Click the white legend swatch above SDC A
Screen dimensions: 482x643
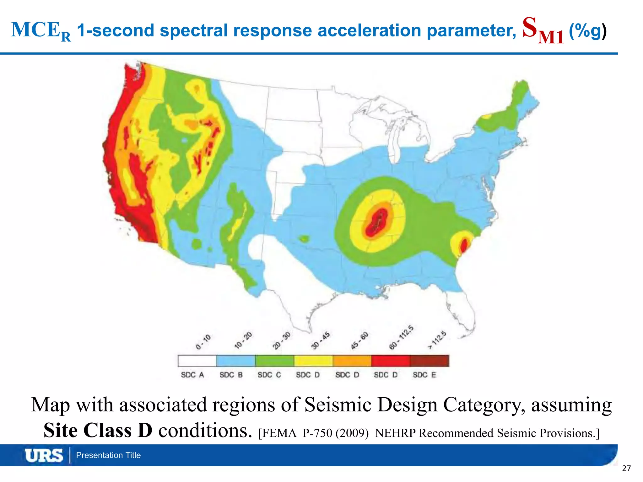tap(197, 361)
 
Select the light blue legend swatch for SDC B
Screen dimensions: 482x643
tap(236, 361)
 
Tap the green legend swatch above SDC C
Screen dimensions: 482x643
tap(275, 361)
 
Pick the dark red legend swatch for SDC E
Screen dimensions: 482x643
tap(430, 361)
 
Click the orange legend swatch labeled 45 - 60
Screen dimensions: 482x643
tap(352, 361)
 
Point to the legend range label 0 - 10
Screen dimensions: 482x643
tap(203, 342)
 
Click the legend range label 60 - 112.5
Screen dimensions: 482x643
tap(401, 338)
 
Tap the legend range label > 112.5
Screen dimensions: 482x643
tap(437, 340)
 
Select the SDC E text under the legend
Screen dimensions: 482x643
tap(424, 375)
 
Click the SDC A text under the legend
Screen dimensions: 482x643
tap(192, 375)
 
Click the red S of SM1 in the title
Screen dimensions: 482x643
tap(530, 28)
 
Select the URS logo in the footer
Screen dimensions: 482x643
tap(44, 455)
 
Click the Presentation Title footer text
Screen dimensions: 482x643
tap(108, 455)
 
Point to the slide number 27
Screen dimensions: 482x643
tap(626, 469)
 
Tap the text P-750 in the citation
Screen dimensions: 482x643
tap(317, 433)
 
